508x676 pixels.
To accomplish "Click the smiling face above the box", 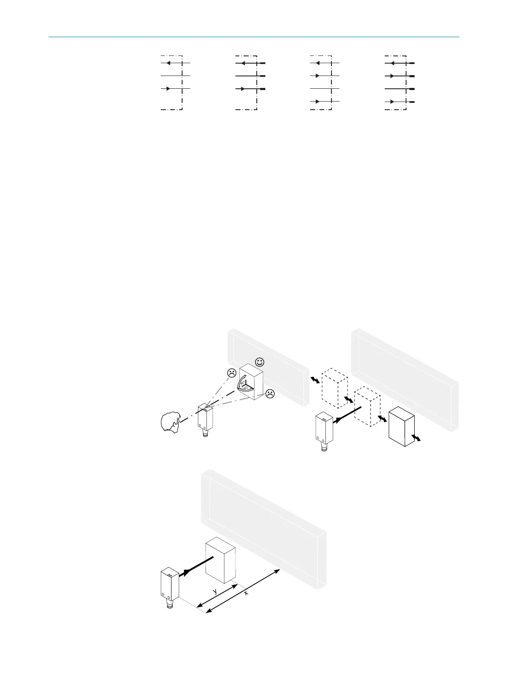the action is (259, 362).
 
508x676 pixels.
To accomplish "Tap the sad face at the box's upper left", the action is (231, 373).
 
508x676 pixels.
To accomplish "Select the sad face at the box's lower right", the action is (270, 393).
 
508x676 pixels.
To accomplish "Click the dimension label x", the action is (246, 593).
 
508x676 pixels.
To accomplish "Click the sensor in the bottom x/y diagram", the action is (170, 585).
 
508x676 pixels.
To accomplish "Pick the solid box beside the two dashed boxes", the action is (402, 427).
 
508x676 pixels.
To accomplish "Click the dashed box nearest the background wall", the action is (335, 388).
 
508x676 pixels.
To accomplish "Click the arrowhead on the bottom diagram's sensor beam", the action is (186, 573).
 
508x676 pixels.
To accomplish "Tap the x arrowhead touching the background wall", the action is (278, 571).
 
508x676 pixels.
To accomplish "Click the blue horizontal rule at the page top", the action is (253, 37).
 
